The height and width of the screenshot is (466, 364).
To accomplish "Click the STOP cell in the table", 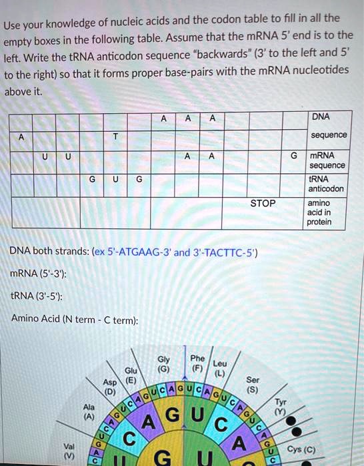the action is (262, 203).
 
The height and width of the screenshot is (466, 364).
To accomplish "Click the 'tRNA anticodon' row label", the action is (326, 183).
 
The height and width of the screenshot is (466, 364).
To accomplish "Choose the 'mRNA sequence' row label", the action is (327, 160).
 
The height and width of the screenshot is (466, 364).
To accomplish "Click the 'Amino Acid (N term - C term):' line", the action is (74, 320).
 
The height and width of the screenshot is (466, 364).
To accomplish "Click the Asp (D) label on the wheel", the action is (109, 387).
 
